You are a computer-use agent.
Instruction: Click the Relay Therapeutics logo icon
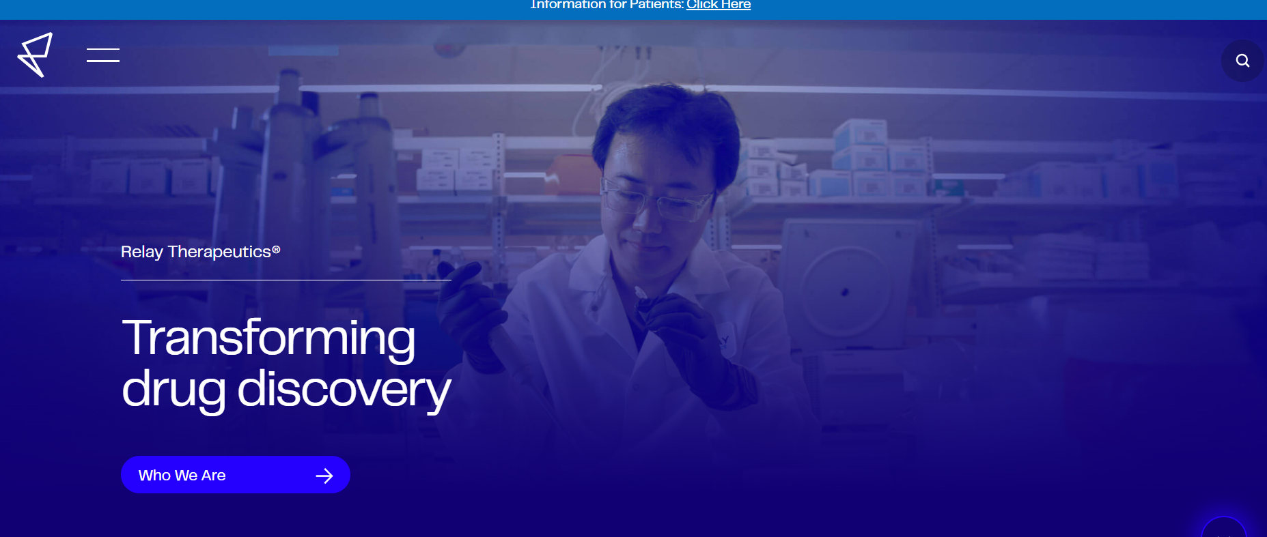tap(35, 55)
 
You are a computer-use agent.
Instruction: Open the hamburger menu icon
tap(103, 55)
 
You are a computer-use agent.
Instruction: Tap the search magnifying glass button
tap(1242, 61)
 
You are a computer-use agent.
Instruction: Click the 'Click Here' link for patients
tap(718, 5)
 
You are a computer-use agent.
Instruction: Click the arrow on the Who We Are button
tap(324, 476)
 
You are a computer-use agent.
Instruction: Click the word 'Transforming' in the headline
tap(268, 338)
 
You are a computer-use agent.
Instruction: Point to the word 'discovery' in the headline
tap(344, 390)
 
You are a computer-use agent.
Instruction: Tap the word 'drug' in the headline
tap(173, 390)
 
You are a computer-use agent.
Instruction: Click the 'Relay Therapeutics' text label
tap(196, 252)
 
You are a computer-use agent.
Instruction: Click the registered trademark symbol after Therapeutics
tap(276, 250)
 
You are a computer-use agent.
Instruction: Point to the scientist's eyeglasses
tap(656, 201)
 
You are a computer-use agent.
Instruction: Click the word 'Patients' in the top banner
tap(656, 5)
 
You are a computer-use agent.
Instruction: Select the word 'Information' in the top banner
tap(568, 5)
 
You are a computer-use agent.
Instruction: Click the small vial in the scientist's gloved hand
tap(643, 296)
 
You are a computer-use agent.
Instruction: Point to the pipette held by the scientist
tap(509, 348)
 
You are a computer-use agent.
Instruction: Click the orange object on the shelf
tap(574, 174)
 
